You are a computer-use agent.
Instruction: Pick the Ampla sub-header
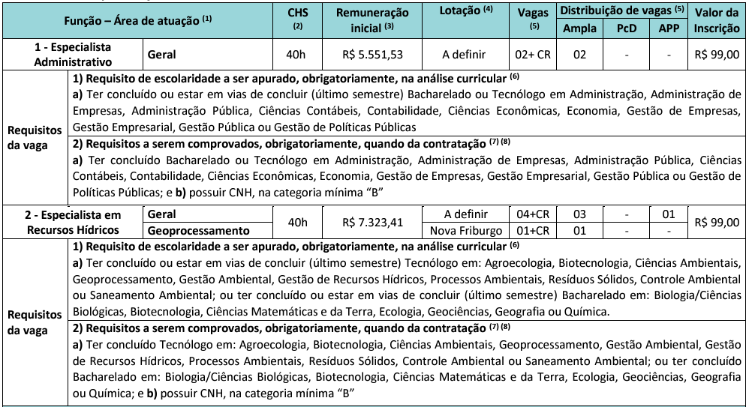(x=579, y=28)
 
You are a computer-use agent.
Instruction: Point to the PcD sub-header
(x=625, y=28)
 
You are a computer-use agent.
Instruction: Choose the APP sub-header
(x=666, y=28)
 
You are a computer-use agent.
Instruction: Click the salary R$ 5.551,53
(x=371, y=55)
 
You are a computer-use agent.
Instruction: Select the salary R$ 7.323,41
(x=371, y=223)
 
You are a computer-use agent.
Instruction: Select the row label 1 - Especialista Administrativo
(x=73, y=55)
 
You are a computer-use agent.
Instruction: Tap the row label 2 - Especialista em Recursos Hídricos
(x=73, y=223)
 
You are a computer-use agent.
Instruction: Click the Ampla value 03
(x=579, y=215)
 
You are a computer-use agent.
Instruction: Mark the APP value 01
(x=666, y=215)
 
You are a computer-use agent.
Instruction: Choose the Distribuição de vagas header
(x=622, y=12)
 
